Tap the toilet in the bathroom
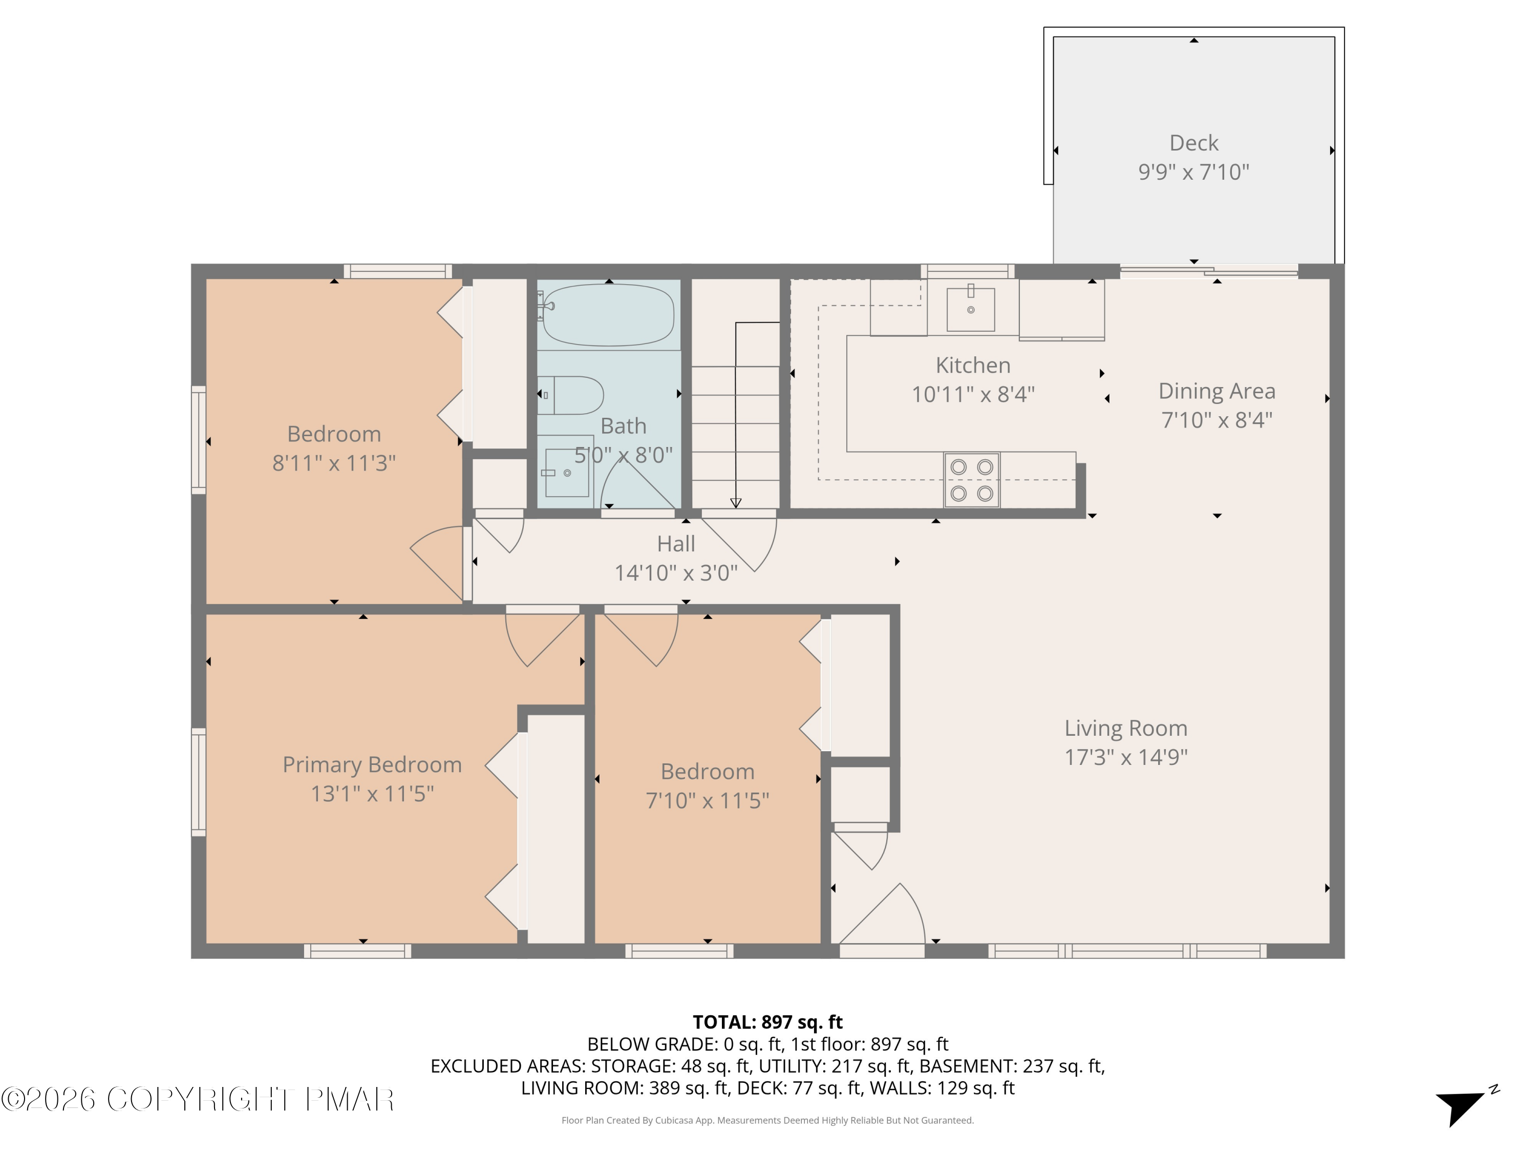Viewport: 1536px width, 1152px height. tap(571, 395)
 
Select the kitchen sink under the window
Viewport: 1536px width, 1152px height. tap(970, 310)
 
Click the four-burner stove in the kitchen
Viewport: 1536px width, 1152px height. tap(971, 480)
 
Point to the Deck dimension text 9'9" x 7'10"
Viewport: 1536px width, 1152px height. tap(1193, 172)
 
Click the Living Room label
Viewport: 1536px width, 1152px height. tap(1125, 728)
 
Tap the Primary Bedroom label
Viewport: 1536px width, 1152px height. tap(372, 764)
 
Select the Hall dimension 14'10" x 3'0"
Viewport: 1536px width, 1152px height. tap(676, 573)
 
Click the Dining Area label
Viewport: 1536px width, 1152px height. tap(1217, 391)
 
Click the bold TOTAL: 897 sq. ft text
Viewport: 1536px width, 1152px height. tap(767, 1022)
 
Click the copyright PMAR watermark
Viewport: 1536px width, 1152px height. tap(198, 1099)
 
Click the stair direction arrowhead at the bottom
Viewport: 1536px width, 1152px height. tap(736, 503)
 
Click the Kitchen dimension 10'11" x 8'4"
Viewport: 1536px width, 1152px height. tap(973, 394)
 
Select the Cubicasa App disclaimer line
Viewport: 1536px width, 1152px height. tap(767, 1120)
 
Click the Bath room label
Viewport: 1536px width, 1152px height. tap(623, 425)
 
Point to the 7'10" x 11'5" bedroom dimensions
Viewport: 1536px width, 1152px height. tap(707, 801)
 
